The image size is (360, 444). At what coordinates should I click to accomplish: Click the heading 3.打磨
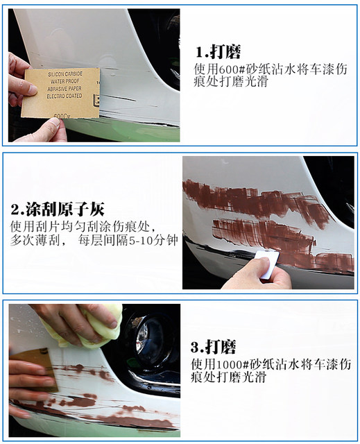tap(214, 346)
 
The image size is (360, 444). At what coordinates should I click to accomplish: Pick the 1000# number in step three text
tap(239, 364)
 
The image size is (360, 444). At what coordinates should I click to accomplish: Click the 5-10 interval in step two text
tap(136, 240)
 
